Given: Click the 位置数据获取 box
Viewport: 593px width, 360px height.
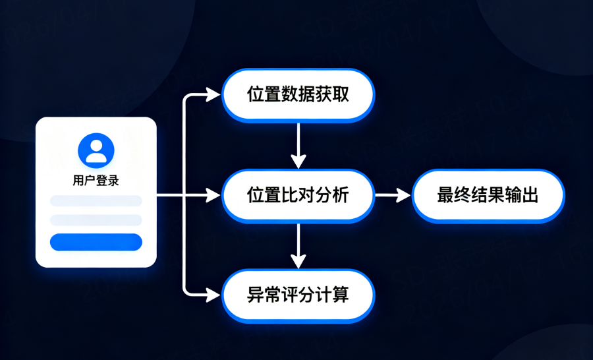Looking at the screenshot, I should [298, 95].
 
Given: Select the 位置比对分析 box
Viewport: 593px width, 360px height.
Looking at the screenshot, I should [298, 195].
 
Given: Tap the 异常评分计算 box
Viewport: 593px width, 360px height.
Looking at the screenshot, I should [298, 295].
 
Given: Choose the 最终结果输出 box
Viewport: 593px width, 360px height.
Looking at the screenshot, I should [488, 195].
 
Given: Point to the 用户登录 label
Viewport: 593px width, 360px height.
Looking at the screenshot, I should [96, 180].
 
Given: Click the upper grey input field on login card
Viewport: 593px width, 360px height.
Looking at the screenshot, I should [96, 201].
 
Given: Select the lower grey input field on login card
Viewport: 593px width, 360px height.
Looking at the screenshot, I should [96, 220].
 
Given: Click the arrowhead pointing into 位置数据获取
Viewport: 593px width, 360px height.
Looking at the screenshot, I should [213, 95].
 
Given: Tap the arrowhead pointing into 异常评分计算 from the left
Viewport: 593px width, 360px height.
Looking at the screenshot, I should [213, 295].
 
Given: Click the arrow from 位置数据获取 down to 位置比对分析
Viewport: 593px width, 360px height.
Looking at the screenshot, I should [299, 145].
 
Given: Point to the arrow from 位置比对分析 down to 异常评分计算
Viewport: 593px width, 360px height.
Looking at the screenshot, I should [299, 245].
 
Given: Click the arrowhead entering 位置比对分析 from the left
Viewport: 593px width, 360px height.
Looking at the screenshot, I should [213, 195].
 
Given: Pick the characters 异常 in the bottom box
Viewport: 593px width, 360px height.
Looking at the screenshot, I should [260, 295].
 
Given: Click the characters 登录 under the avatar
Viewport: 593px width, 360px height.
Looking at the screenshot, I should [107, 180].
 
